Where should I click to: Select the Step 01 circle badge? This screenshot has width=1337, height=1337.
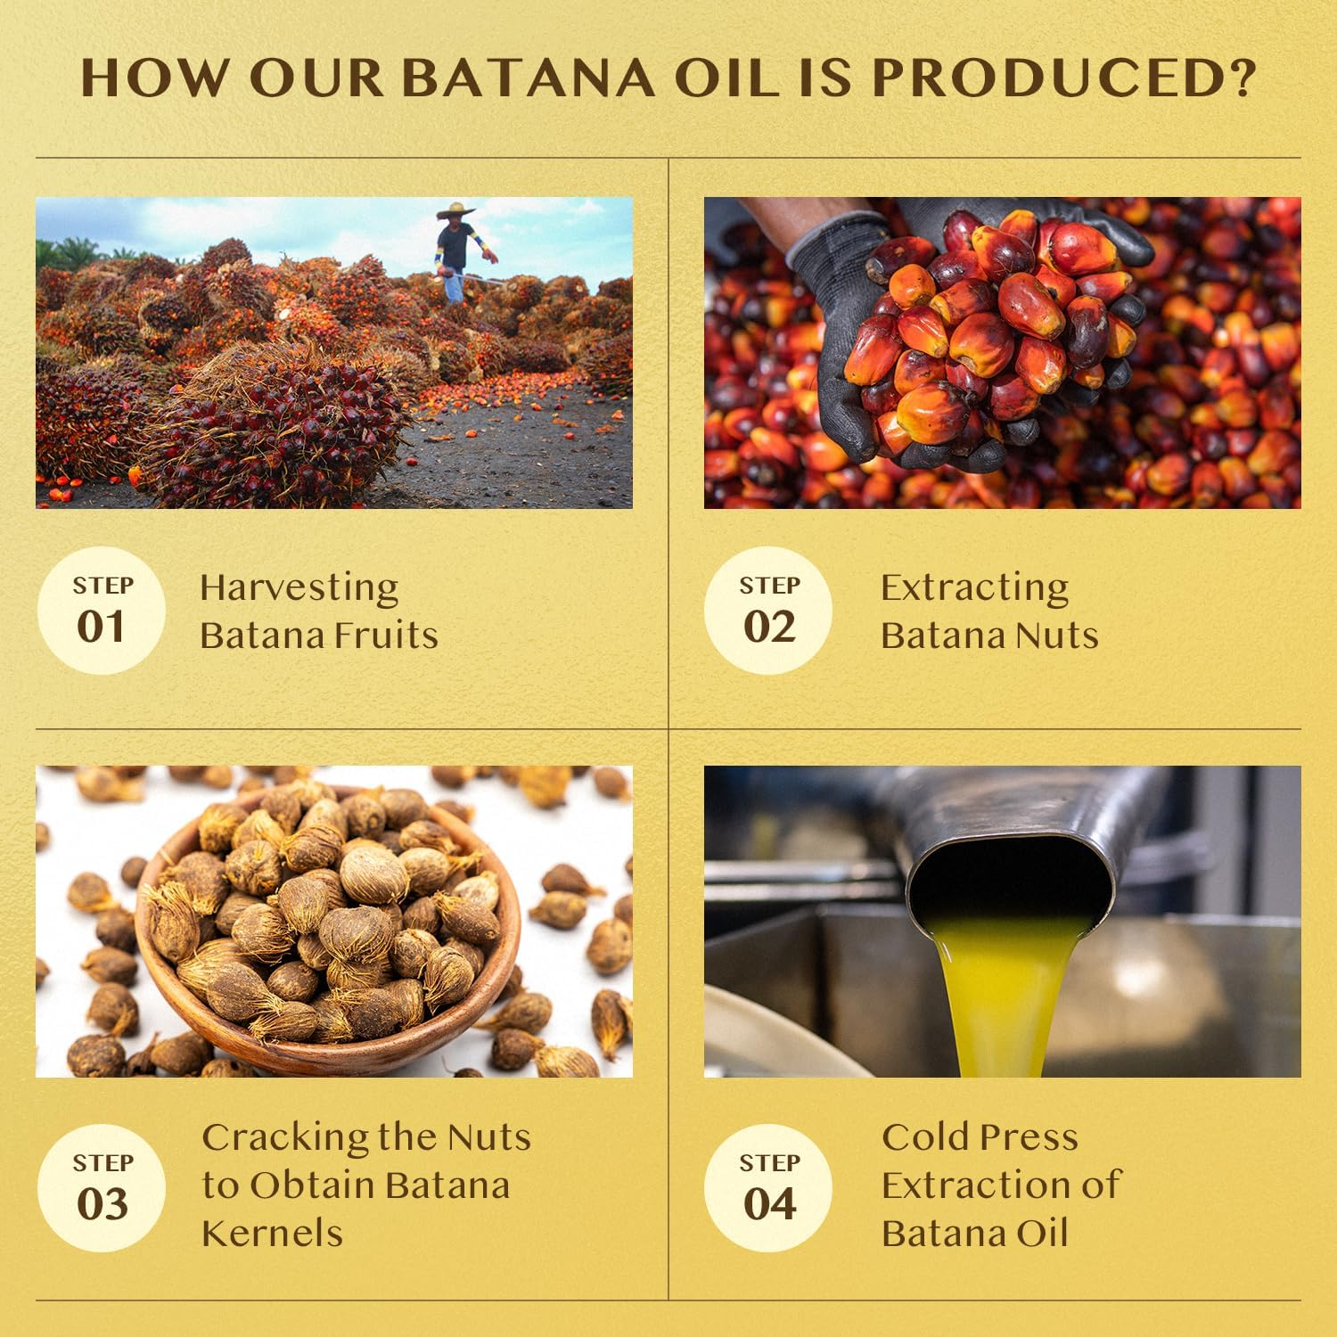coord(102,611)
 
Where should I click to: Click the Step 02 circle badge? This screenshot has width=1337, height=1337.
coord(768,611)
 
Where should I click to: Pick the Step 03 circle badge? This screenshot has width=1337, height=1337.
coord(102,1188)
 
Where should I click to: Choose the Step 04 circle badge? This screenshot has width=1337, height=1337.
coord(768,1188)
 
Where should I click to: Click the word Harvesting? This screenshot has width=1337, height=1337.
coord(299,588)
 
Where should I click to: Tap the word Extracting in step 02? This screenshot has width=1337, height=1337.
coord(974,588)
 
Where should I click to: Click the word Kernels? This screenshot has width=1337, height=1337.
coord(272,1234)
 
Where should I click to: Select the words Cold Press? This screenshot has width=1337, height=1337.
coord(980,1137)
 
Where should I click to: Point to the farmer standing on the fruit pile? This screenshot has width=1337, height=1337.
coord(456,250)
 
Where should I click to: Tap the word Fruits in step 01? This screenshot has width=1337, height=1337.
coord(395,636)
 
